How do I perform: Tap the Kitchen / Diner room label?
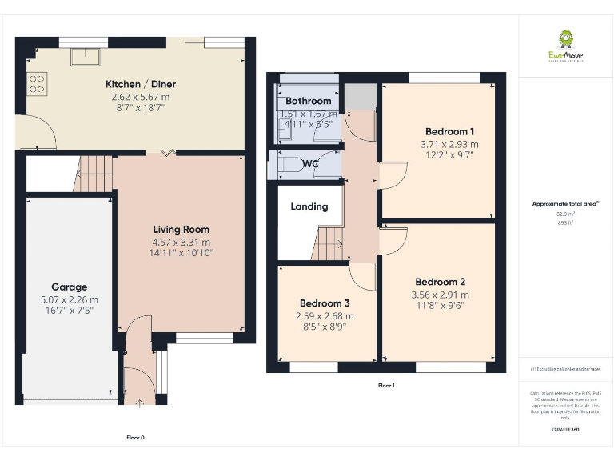pos(141,84)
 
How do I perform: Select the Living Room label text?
pos(181,230)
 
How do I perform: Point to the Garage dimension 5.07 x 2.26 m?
pos(69,299)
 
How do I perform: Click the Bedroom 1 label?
pos(449,132)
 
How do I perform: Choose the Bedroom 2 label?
pos(440,282)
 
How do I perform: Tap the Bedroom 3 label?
pos(325,303)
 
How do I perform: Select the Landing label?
pos(309,206)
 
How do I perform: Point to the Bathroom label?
pos(308,102)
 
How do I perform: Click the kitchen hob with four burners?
pos(36,83)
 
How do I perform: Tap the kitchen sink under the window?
pos(84,57)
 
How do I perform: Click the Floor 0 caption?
pos(135,438)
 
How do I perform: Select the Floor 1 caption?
pos(386,386)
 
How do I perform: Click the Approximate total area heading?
pos(565,204)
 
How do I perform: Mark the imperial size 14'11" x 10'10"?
pos(181,253)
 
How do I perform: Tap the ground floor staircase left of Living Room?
pos(94,174)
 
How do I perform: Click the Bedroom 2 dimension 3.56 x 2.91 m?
pos(441,295)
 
